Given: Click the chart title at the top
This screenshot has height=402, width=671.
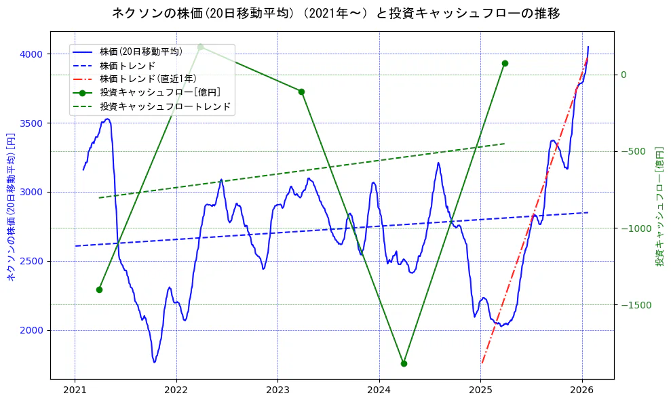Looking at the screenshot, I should [336, 13].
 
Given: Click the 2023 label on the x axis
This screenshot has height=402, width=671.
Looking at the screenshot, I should [277, 390].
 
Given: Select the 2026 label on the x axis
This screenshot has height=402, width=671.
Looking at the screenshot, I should [582, 390].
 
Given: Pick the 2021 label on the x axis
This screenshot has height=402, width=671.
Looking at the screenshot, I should [75, 390].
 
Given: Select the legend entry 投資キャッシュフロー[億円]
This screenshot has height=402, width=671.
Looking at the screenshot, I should [159, 93].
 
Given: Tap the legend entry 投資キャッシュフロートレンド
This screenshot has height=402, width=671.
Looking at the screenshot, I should [165, 106].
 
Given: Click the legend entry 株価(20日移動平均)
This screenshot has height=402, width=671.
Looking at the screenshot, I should [140, 52].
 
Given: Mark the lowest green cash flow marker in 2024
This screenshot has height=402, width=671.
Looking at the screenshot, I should [404, 363].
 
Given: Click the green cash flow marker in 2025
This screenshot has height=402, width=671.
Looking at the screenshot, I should [505, 63].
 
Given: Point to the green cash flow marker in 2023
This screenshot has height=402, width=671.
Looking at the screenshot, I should [301, 92].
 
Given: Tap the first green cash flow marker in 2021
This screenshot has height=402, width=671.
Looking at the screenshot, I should [99, 289].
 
